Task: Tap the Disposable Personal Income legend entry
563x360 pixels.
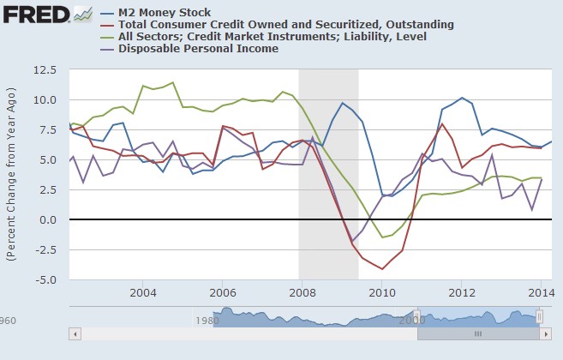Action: click(198, 49)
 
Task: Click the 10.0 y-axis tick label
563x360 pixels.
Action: click(47, 100)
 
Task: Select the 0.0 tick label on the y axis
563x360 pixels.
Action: click(51, 220)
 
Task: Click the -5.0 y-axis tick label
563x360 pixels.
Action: click(48, 280)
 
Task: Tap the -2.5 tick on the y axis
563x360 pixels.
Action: click(48, 250)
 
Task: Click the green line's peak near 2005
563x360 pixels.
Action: click(173, 83)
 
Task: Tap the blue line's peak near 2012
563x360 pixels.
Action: click(462, 98)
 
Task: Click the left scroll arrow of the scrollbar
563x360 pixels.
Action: click(75, 333)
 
